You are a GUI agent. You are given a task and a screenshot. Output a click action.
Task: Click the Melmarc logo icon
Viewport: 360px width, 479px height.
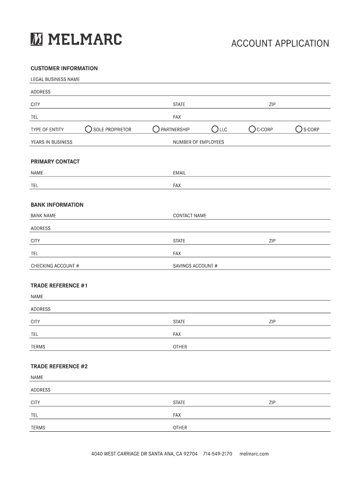pos(36,39)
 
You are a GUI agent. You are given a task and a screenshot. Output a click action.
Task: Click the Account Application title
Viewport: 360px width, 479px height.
pos(280,44)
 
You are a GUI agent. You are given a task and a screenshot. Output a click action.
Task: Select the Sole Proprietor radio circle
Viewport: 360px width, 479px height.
pos(88,129)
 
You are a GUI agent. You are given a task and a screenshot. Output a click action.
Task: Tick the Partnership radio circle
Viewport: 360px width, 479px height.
pos(156,129)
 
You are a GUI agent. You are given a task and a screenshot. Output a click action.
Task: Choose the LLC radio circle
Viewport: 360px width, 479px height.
pos(215,129)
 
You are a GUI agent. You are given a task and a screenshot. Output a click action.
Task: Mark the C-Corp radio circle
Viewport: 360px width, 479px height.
pos(252,129)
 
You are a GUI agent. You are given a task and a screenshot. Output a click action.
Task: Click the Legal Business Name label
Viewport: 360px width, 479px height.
pos(55,80)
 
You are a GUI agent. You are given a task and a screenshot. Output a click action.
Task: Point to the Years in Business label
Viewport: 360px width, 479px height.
pos(51,142)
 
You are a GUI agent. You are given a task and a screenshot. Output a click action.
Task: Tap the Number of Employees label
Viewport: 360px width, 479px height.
pos(198,142)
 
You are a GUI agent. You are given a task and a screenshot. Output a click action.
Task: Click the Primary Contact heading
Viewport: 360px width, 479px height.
pos(55,162)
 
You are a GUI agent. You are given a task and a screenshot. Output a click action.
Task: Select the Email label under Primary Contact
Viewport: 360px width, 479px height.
pos(179,173)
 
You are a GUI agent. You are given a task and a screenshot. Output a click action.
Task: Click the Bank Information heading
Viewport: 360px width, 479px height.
pos(57,205)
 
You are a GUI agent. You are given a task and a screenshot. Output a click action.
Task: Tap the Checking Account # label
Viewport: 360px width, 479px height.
pos(55,266)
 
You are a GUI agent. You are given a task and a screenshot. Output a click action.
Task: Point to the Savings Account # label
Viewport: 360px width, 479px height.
pos(195,266)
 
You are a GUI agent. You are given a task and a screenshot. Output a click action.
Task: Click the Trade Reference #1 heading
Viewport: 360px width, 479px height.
pos(59,285)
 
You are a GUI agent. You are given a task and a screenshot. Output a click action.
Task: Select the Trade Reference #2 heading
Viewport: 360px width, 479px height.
pos(59,366)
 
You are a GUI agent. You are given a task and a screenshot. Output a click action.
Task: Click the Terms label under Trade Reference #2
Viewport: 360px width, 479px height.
pos(38,428)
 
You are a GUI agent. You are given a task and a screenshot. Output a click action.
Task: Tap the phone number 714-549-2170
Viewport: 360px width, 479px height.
pos(217,454)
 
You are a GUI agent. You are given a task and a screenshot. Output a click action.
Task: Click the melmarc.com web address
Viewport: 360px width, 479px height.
pos(254,454)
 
